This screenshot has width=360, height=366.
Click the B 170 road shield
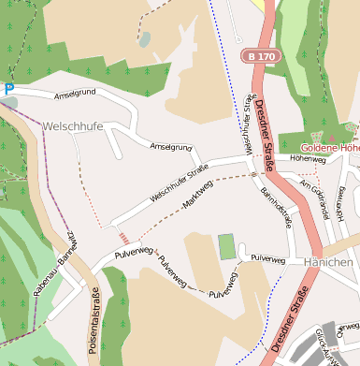[x=261, y=57]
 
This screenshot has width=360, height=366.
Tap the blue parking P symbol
[x=9, y=89]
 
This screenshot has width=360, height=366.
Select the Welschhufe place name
[x=72, y=125]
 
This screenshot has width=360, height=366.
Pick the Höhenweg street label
[x=307, y=159]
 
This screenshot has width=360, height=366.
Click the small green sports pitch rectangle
[x=226, y=247]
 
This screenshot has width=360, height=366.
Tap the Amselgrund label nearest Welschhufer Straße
[x=171, y=147]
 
